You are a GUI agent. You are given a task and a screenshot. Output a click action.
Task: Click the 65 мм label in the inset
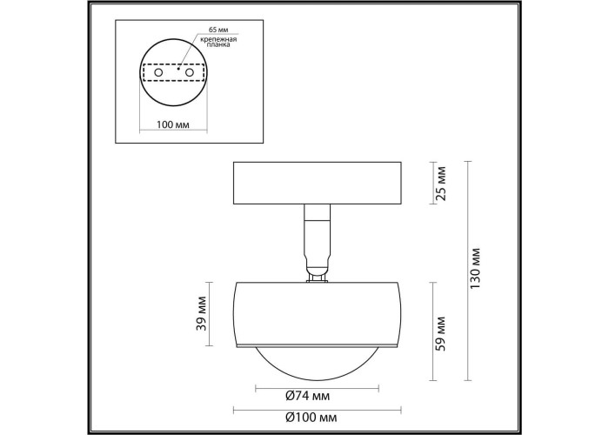218,30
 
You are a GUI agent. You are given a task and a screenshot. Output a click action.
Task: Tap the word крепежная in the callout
219,39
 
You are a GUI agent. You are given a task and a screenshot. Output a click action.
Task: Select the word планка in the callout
218,44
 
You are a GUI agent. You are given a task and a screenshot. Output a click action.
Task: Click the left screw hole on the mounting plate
158,72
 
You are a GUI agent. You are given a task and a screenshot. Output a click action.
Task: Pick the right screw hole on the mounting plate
190,72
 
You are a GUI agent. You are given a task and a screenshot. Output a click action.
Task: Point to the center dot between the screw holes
177,69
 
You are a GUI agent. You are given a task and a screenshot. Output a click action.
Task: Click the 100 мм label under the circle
173,124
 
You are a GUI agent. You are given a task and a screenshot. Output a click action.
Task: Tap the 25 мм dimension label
441,183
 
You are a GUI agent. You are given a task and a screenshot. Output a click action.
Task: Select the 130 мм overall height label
475,268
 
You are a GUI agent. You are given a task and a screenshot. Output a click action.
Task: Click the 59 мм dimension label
440,333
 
